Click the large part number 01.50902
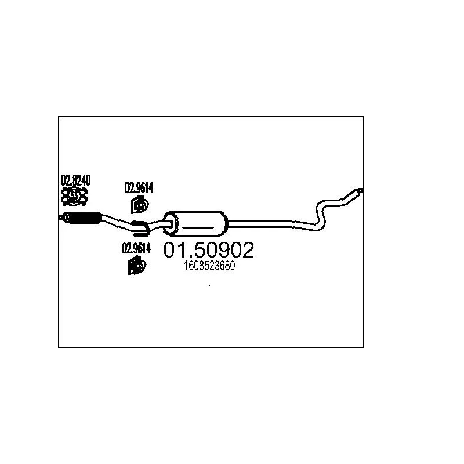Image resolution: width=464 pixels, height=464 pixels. coord(209,249)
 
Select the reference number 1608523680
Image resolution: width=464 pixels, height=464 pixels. coord(209,266)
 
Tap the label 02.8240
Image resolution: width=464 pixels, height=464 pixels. coord(75,180)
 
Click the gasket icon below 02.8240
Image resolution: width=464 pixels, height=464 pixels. coord(75,196)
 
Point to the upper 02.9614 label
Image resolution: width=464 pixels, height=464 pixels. coord(139,188)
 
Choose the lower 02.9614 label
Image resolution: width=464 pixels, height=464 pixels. coord(136,248)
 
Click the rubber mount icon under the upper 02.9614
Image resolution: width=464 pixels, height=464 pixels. coord(139,204)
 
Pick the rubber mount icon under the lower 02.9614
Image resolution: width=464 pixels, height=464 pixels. coord(137,266)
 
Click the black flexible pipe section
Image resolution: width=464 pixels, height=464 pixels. coord(85,218)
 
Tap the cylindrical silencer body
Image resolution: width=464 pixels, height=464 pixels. coord(195,224)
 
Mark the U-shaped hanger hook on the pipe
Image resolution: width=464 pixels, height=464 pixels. coord(141,229)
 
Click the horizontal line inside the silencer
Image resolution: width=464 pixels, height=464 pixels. coord(198,227)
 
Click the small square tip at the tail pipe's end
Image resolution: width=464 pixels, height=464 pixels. coord(361,190)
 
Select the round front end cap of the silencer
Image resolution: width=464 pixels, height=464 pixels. coord(171,224)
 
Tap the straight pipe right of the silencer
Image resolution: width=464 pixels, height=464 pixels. coord(260,224)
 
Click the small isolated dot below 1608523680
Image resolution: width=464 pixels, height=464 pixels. coord(209,285)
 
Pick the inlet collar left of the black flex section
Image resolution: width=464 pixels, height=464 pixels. coord(65,217)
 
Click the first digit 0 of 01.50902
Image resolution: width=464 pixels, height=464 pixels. coord(170,250)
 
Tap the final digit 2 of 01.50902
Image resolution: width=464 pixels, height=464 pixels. coord(248,250)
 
